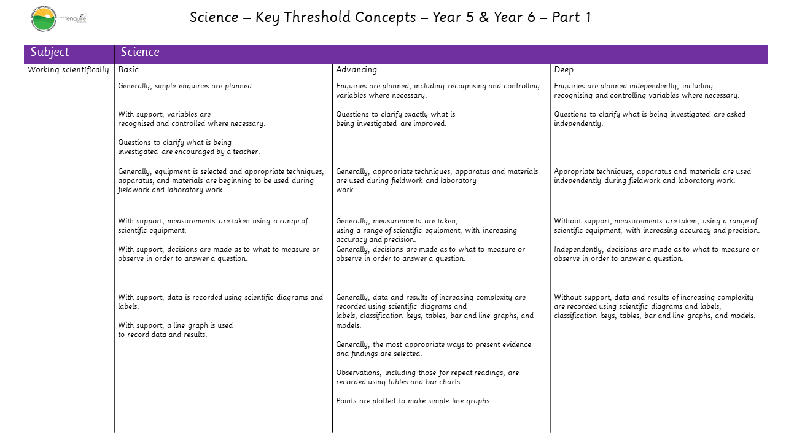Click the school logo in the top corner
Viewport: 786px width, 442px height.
click(43, 18)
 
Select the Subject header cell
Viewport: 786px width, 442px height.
click(50, 53)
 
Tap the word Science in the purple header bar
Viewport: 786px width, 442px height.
click(140, 53)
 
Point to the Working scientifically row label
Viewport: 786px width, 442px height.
click(69, 70)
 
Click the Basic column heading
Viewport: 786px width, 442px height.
click(129, 70)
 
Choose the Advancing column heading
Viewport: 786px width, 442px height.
click(357, 70)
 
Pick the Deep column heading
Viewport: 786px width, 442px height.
click(564, 70)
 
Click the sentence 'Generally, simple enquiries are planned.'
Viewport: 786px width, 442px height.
click(186, 87)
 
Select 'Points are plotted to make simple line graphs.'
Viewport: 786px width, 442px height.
click(414, 401)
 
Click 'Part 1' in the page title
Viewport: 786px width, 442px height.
click(572, 17)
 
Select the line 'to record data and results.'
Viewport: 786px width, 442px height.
click(163, 335)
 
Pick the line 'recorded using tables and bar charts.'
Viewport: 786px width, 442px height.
click(399, 382)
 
